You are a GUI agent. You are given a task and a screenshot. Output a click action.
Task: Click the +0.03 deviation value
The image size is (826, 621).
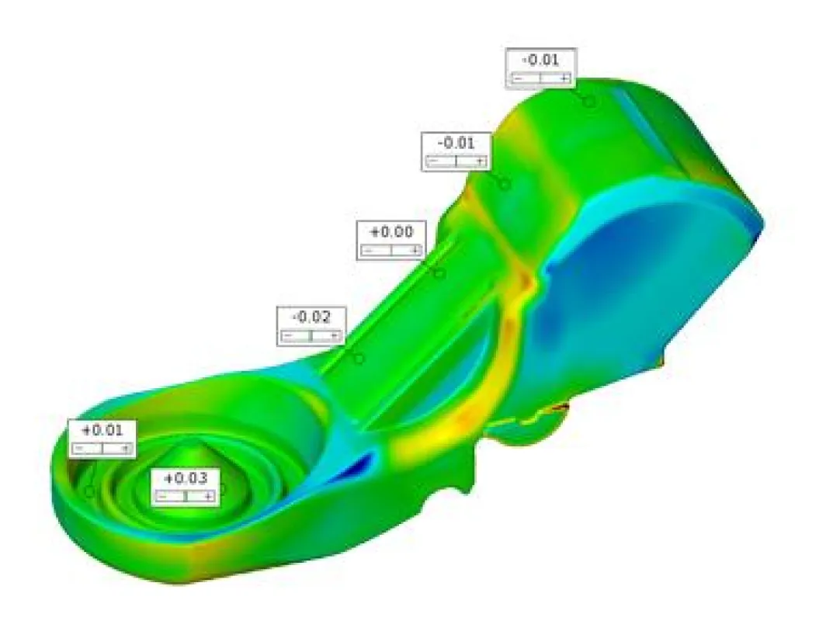pyautogui.click(x=186, y=479)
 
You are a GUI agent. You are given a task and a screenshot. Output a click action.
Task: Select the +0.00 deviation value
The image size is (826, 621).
pyautogui.click(x=392, y=232)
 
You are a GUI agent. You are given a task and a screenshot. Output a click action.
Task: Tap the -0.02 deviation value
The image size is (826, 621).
pyautogui.click(x=311, y=317)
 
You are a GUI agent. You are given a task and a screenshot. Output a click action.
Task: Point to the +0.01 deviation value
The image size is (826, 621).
pyautogui.click(x=102, y=430)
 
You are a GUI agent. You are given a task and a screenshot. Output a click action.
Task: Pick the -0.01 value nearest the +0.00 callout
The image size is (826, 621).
pyautogui.click(x=456, y=143)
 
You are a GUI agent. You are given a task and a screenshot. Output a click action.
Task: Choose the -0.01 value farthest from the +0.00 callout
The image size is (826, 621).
pyautogui.click(x=540, y=60)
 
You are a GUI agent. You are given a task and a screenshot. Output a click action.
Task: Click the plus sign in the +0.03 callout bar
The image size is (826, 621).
pyautogui.click(x=209, y=496)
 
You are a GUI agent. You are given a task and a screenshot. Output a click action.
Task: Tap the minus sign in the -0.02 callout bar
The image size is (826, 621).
pyautogui.click(x=287, y=335)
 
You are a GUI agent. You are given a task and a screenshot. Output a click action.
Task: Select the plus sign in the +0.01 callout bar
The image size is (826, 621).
pyautogui.click(x=126, y=449)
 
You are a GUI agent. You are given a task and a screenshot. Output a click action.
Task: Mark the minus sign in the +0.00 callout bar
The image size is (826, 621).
pyautogui.click(x=368, y=251)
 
